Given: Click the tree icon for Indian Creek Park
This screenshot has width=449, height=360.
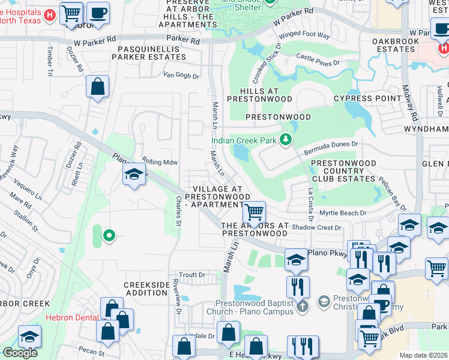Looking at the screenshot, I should [x=286, y=140].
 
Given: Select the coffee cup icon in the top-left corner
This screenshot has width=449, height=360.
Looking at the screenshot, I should [x=98, y=13].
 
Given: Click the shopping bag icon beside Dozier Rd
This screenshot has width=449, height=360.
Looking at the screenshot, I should [x=97, y=86].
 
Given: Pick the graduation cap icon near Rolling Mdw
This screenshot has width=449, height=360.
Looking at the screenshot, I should [x=134, y=176].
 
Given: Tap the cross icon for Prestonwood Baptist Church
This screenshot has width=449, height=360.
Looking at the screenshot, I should [x=303, y=305].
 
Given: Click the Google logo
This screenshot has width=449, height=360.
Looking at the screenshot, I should [x=20, y=353].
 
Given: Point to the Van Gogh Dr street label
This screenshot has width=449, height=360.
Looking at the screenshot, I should [x=181, y=76].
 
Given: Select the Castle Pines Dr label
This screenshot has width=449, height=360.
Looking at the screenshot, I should [x=318, y=58].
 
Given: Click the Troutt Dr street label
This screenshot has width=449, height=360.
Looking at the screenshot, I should [x=192, y=275].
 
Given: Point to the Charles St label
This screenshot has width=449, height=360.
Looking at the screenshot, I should [x=178, y=211].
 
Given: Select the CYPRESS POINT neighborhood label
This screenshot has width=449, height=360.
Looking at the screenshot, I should [x=367, y=98].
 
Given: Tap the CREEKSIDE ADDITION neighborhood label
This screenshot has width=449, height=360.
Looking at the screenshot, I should [x=145, y=288].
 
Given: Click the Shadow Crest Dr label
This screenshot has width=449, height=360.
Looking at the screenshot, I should [x=316, y=227].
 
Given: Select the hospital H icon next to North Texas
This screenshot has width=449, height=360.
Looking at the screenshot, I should [x=51, y=14].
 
